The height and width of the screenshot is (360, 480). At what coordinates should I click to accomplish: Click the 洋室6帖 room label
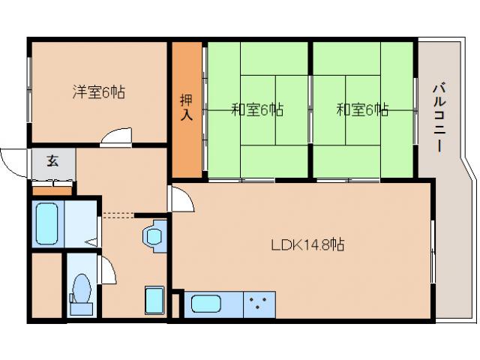[x=98, y=93]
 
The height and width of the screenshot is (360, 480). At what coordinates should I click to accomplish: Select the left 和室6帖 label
[x=256, y=110]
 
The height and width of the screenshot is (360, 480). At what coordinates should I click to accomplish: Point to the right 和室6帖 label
[x=361, y=110]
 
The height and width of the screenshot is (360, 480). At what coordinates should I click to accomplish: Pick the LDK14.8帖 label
[x=307, y=244]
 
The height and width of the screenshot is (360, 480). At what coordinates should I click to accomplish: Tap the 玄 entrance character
[x=53, y=160]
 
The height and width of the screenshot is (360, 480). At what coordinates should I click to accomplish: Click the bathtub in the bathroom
[x=46, y=221]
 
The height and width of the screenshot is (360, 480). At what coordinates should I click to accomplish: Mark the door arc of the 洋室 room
[x=115, y=135]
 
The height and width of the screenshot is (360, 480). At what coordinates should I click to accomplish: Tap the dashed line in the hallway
[x=118, y=215]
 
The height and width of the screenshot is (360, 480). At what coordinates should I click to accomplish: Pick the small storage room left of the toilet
[x=45, y=286]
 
